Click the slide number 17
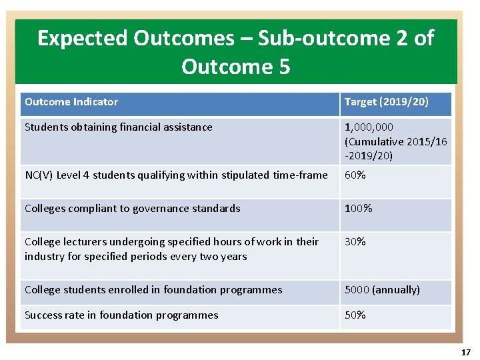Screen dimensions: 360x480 (x=465, y=352)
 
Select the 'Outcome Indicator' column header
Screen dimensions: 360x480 (x=71, y=102)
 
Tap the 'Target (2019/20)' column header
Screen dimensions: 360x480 (x=386, y=102)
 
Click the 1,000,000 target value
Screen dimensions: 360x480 (x=369, y=127)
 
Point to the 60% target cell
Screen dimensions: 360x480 (x=355, y=175)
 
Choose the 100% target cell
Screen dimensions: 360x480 (x=358, y=209)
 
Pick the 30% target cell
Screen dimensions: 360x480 (x=355, y=242)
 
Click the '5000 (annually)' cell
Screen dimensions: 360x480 (x=382, y=290)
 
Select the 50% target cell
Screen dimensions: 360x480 (x=355, y=315)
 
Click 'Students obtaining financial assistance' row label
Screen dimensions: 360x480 (x=119, y=127)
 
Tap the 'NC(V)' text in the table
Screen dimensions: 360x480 (x=39, y=175)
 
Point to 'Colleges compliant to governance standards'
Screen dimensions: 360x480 (x=132, y=209)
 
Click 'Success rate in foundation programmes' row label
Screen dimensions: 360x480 (x=121, y=315)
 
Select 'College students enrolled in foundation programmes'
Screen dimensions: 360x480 (x=153, y=290)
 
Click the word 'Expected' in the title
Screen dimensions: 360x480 (x=82, y=39)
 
